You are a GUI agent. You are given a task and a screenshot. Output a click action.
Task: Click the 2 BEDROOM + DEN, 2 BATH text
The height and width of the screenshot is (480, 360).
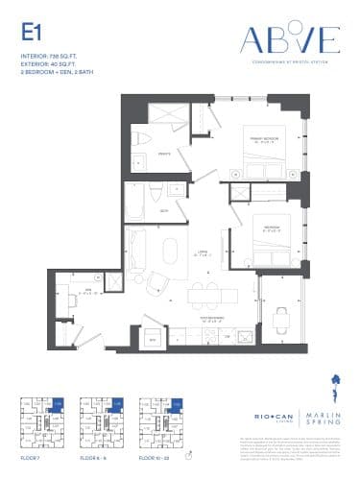[59, 72]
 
